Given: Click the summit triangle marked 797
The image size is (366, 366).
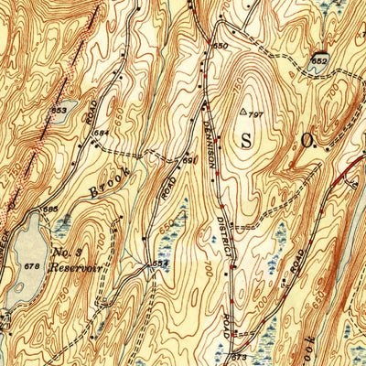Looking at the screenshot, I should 243,113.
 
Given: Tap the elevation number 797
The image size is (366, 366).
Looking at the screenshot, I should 257,114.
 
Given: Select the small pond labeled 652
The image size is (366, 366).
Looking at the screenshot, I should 319,59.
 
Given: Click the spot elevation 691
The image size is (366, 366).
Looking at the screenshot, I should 189,160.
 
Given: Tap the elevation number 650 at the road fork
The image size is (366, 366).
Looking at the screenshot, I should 219,45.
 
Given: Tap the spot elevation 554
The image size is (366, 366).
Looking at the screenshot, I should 161,264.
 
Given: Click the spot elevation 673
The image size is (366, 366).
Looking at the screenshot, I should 241,355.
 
